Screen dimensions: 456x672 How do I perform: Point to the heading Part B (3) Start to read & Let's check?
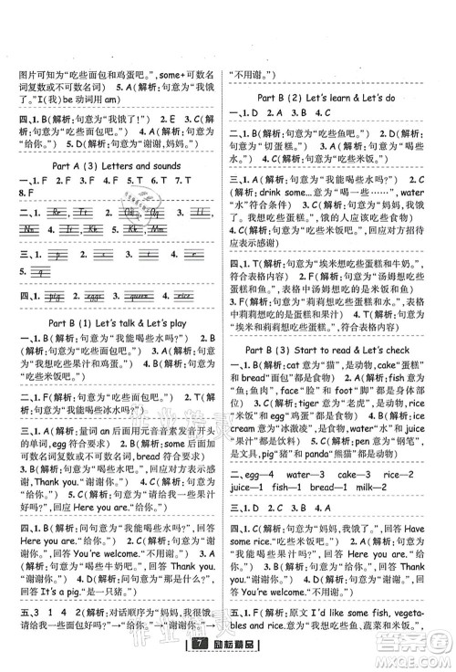pyautogui.click(x=340, y=350)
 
